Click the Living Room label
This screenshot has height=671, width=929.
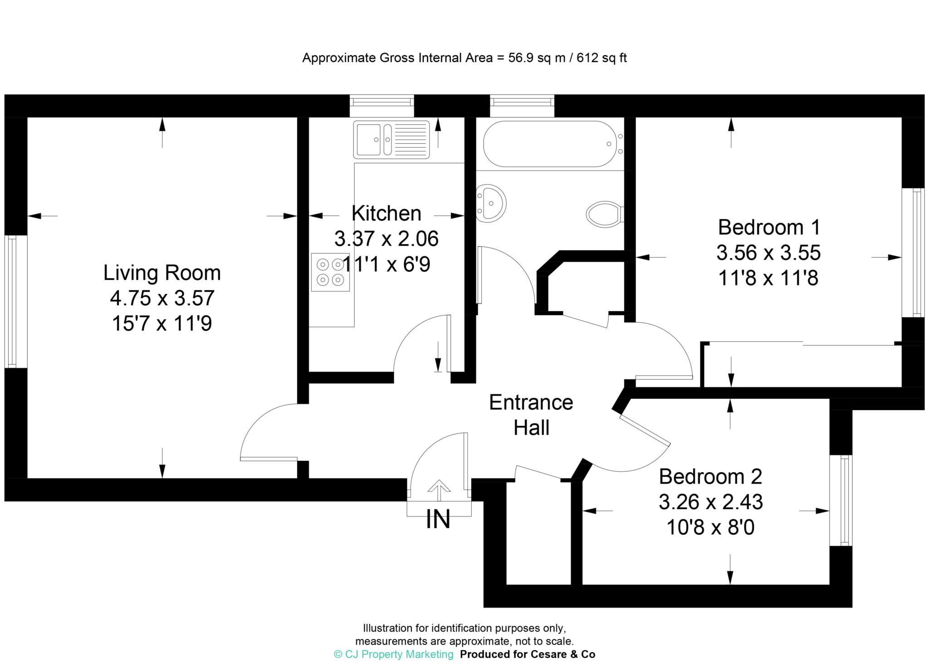162,273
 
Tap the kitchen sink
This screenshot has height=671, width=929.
391,139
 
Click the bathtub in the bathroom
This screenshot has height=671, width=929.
550,144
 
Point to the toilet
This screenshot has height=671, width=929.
604,214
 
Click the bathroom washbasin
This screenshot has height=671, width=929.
492,203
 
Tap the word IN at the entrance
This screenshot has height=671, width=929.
438,519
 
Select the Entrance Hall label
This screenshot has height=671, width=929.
531,415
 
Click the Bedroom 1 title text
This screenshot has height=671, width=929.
769,227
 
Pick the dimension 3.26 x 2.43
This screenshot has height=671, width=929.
710,502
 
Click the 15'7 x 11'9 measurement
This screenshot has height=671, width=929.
162,324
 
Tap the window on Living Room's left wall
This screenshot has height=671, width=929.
12,301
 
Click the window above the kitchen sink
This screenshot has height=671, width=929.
382,100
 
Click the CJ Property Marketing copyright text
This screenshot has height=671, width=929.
394,654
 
